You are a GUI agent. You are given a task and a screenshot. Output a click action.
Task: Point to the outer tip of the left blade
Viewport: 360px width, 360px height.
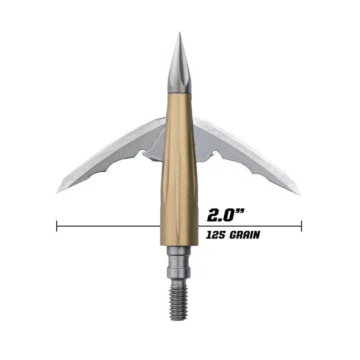pos(58,191)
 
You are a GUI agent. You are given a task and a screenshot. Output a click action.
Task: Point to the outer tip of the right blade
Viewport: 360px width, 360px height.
pos(299,194)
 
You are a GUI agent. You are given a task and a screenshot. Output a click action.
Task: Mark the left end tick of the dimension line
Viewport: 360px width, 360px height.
pos(57,226)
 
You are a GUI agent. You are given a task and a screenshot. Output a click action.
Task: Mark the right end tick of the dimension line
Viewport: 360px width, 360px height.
pos(301,226)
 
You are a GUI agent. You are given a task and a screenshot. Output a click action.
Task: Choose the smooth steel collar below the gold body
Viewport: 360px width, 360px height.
pos(179,262)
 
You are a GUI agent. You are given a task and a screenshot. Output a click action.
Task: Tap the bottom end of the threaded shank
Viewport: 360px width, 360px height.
pos(179,318)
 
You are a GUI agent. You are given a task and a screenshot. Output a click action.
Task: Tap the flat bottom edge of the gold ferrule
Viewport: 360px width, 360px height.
pos(179,245)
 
